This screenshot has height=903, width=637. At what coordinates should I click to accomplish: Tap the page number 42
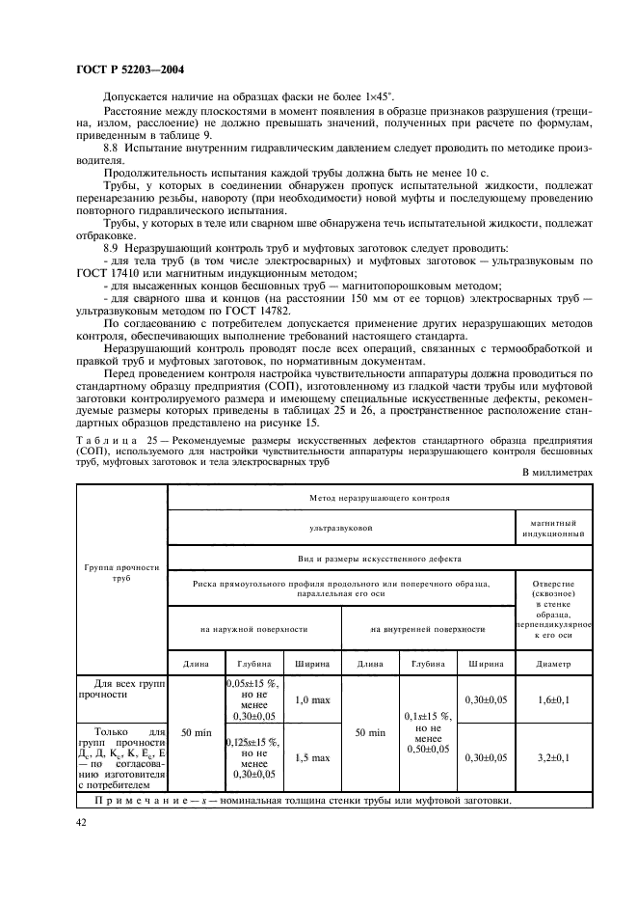[x=82, y=822]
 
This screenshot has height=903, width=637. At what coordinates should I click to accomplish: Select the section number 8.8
[x=111, y=148]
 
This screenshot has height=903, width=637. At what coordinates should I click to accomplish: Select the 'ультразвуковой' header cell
[x=341, y=528]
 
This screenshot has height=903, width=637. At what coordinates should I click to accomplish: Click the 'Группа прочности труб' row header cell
[x=120, y=574]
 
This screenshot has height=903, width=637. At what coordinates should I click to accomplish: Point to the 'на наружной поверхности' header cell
[x=254, y=628]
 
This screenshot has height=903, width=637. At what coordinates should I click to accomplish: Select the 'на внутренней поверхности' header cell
[x=428, y=628]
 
